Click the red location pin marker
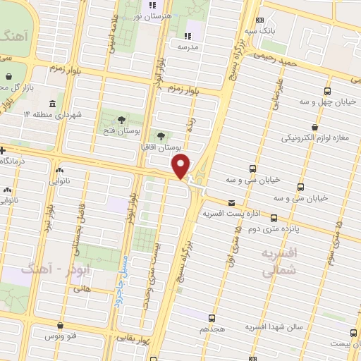[x=182, y=166]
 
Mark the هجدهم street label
[x=213, y=329]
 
